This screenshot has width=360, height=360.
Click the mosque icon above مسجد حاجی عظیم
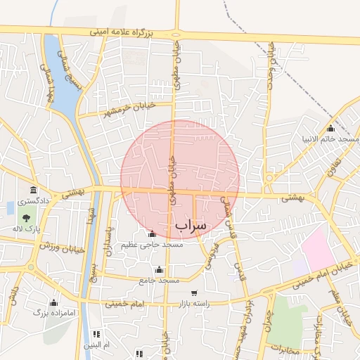click(152, 233)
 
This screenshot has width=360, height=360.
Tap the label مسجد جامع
click(160, 281)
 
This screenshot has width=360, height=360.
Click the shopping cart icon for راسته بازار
click(194, 293)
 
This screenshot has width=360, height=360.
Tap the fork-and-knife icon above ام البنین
click(97, 334)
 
